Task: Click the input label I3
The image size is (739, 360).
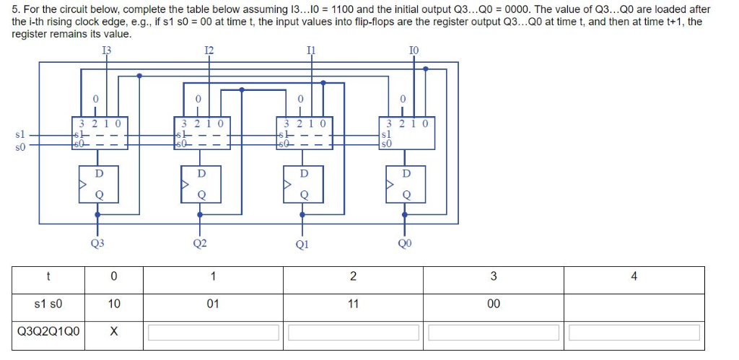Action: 107,50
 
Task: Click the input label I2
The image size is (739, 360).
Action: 209,50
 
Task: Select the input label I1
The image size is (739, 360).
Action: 312,50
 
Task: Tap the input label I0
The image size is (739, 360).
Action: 413,50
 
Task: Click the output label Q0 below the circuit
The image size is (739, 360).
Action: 406,243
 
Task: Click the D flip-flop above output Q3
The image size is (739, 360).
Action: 99,184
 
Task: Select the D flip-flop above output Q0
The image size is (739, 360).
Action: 406,184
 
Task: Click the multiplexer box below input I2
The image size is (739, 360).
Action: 202,133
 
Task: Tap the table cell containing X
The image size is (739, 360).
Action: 114,333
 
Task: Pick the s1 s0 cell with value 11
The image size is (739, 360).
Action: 352,304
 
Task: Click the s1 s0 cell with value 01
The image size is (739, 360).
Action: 212,304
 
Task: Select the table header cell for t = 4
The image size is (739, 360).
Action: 633,276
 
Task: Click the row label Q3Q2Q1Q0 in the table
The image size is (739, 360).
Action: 48,333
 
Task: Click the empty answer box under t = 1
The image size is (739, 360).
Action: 213,333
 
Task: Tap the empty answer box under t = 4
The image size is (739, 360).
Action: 634,333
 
